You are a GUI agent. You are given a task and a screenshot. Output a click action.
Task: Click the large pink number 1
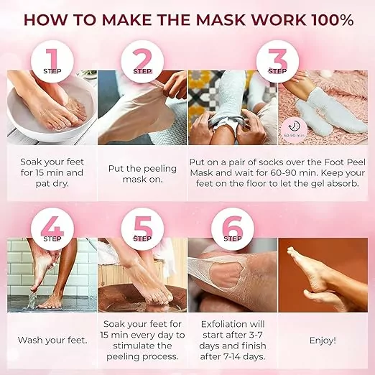[52, 59]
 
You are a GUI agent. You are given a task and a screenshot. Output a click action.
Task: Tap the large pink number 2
[142, 59]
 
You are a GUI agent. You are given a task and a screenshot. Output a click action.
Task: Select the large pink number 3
[278, 59]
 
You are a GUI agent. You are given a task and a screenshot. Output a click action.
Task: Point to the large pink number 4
[52, 226]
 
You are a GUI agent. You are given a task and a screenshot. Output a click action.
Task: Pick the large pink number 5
[143, 226]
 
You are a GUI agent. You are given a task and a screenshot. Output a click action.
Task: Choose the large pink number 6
[233, 226]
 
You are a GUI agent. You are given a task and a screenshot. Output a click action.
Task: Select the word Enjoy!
[323, 341]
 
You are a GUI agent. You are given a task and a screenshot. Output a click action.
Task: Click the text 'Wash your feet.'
[52, 341]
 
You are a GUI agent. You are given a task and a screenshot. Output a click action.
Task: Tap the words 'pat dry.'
[52, 184]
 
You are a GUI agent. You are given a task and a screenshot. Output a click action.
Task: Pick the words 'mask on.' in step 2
[142, 180]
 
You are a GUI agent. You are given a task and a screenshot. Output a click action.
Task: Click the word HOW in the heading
[45, 19]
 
